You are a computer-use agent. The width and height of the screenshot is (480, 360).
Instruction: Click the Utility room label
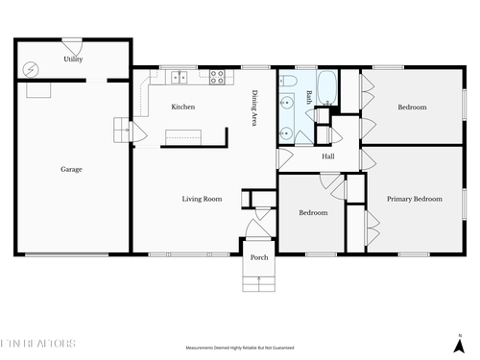pyautogui.click(x=73, y=60)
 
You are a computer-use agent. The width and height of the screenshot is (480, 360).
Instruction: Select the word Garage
pyautogui.click(x=71, y=169)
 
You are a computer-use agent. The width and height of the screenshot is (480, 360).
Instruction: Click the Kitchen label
pyautogui.click(x=183, y=107)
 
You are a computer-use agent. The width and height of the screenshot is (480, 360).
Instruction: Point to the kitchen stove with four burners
pyautogui.click(x=218, y=75)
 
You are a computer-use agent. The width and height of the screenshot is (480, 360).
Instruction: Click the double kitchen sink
pyautogui.click(x=178, y=75)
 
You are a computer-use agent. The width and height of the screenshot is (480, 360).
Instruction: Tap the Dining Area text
pyautogui.click(x=255, y=108)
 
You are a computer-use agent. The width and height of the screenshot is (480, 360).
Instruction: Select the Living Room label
pyautogui.click(x=203, y=199)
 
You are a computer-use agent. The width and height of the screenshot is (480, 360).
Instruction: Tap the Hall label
pyautogui.click(x=327, y=156)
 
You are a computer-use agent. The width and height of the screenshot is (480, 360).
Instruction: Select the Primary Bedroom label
pyautogui.click(x=415, y=199)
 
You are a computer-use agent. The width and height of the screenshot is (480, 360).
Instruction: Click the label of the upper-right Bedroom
pyautogui.click(x=412, y=107)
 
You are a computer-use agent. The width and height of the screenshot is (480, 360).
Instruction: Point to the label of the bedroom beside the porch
pyautogui.click(x=313, y=212)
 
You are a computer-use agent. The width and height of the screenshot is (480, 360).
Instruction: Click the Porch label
pyautogui.click(x=259, y=257)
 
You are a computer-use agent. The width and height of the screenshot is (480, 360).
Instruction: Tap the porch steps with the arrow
pyautogui.click(x=259, y=280)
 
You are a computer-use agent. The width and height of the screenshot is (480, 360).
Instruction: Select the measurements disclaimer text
pyautogui.click(x=240, y=348)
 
